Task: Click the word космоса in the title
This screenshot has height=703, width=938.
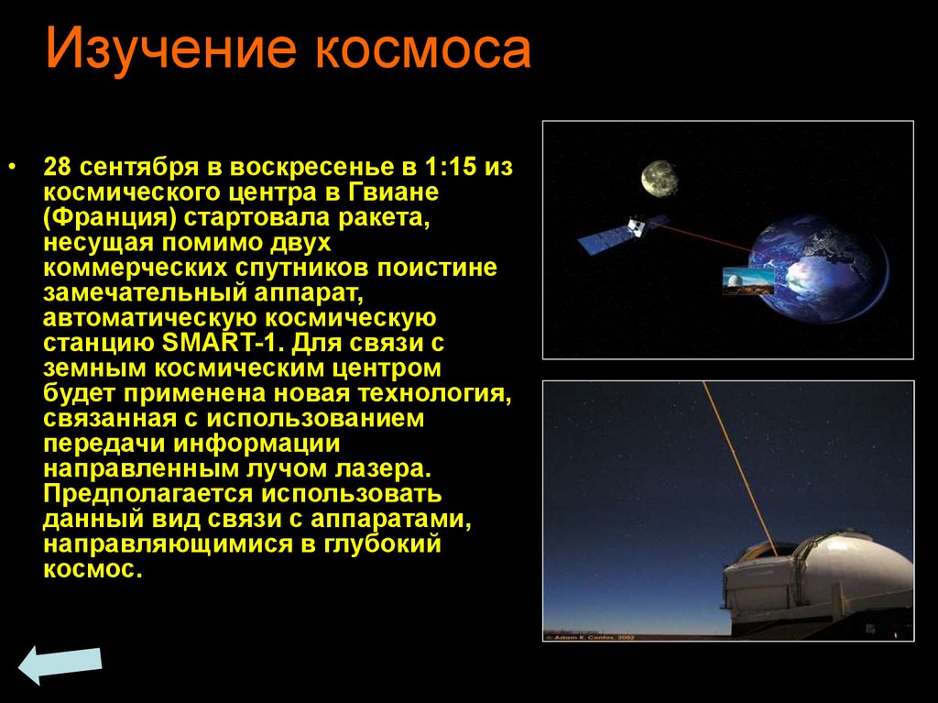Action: click(x=424, y=50)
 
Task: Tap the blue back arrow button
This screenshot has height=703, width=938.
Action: click(x=60, y=665)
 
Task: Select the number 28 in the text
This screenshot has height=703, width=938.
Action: click(x=57, y=170)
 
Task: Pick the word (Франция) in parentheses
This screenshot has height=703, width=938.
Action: click(x=106, y=219)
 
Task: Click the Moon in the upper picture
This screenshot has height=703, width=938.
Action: click(x=659, y=178)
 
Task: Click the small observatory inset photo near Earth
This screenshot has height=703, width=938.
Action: click(x=747, y=280)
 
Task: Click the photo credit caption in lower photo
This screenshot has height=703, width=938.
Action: click(x=587, y=634)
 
